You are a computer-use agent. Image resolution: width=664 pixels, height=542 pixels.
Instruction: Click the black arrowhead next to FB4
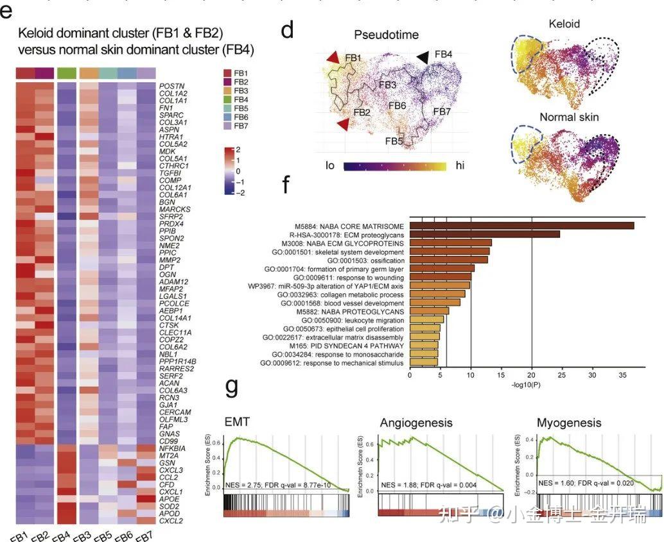pyautogui.click(x=423, y=58)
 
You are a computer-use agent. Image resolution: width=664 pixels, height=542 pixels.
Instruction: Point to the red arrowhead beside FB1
pyautogui.click(x=331, y=59)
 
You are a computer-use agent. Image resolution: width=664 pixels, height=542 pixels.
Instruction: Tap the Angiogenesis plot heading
pyautogui.click(x=416, y=423)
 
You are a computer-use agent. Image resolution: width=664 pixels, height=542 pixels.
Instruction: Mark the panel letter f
pyautogui.click(x=286, y=187)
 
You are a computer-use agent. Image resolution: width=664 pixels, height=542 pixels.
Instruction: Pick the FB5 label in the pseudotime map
pyautogui.click(x=394, y=140)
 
